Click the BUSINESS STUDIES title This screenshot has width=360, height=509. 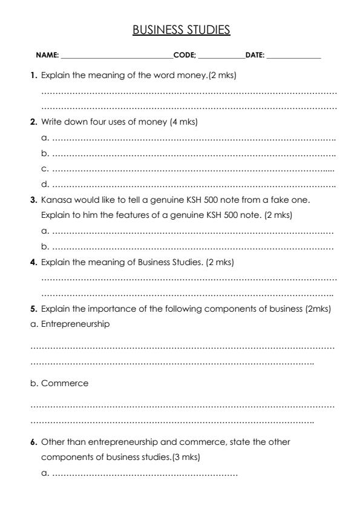181,30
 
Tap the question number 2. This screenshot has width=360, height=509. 34,122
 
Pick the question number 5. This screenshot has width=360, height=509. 34,309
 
